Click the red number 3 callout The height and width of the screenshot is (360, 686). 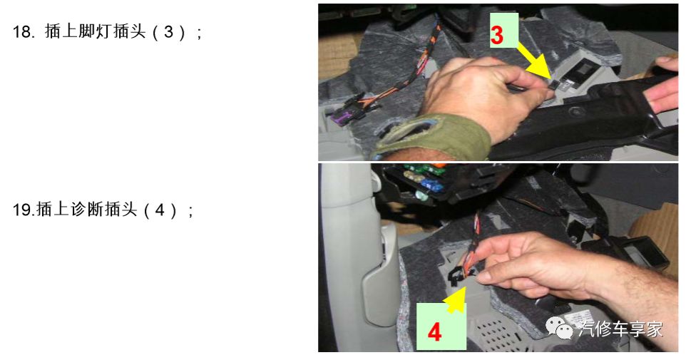coord(497,35)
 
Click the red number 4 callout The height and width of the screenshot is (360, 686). coord(434,332)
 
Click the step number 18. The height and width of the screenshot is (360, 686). coord(24,32)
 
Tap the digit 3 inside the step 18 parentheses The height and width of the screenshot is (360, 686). coord(169,32)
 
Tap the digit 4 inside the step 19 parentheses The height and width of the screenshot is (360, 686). coord(160,210)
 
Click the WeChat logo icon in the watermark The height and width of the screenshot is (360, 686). coord(558,328)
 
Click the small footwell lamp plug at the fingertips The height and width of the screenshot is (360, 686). coord(556,84)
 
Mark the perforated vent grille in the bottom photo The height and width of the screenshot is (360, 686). coord(498,334)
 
